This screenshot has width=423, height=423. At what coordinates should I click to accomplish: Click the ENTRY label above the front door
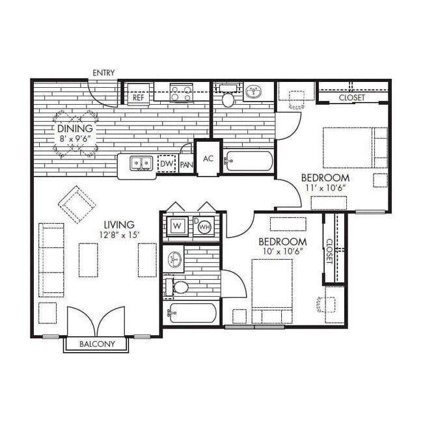point(103,72)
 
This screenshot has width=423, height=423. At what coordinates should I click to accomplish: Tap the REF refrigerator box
point(138,97)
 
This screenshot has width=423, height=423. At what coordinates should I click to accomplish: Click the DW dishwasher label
point(167,165)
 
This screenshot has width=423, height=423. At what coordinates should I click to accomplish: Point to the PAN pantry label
point(185,165)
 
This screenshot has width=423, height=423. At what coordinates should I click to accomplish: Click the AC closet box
point(208,158)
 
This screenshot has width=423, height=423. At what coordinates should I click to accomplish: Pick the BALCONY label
point(97,344)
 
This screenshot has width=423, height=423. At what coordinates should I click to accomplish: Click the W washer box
point(177,226)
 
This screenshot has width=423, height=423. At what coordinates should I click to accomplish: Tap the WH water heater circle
point(204,227)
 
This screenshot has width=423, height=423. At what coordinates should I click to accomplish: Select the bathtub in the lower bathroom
point(193,313)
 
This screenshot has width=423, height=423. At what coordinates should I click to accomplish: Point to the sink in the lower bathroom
point(175,259)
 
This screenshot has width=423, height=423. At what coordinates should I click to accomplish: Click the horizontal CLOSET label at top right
point(351,98)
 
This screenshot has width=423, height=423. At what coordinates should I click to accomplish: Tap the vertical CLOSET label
point(329,251)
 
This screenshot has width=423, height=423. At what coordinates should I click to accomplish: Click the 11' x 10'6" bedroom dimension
point(325,188)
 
